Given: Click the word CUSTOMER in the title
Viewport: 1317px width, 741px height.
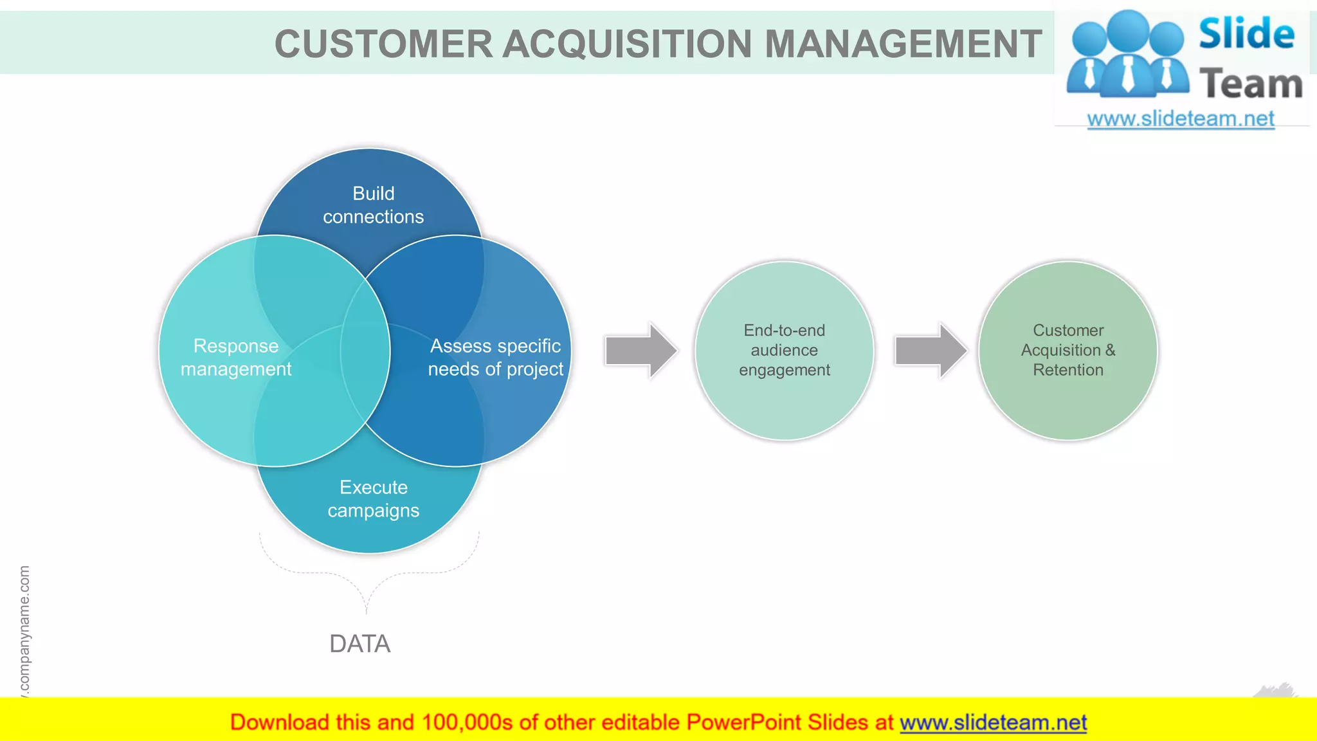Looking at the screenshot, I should (x=383, y=44).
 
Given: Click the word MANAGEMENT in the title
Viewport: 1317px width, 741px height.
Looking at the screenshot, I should (x=903, y=44).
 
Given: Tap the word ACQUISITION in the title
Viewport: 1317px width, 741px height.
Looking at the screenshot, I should (x=628, y=44).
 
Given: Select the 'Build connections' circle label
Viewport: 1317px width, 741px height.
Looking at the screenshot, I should (x=373, y=205).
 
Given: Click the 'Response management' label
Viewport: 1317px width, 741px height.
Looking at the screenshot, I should (x=236, y=358).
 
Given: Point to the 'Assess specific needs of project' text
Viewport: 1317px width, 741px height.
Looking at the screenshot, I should (x=495, y=358).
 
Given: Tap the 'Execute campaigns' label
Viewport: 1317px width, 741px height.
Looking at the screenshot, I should (x=373, y=499).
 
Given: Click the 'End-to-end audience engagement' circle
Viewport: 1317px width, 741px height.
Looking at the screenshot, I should (x=784, y=351).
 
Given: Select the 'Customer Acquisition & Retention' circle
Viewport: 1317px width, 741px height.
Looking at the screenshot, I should (x=1067, y=351).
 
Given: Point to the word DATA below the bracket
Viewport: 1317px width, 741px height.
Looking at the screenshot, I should (x=359, y=644).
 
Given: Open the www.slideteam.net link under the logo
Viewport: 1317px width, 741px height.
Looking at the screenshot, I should (x=1180, y=119).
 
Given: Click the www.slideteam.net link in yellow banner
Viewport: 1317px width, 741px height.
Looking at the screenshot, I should (x=993, y=722).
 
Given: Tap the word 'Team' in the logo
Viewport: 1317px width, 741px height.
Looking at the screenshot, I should (x=1250, y=84).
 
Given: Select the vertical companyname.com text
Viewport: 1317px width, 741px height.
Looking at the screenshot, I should (x=24, y=630).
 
